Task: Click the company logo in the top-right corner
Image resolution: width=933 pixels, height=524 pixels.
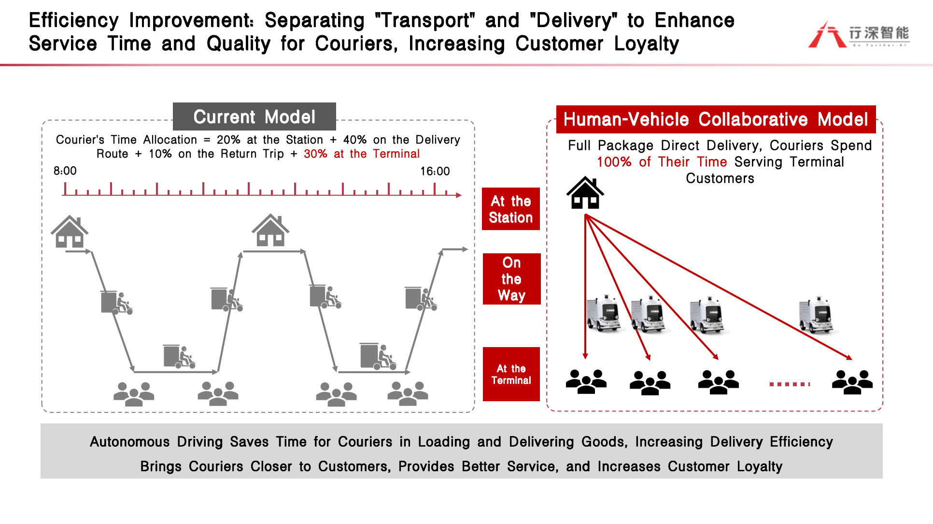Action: point(859,34)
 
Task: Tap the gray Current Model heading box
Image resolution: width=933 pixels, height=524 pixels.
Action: point(254,116)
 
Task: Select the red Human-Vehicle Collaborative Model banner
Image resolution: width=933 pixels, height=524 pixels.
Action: point(716,119)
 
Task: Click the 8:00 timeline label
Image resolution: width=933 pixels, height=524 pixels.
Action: point(65,171)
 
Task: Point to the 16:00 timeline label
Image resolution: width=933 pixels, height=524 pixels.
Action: point(435,171)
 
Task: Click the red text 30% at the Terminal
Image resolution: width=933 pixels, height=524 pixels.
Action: point(362,154)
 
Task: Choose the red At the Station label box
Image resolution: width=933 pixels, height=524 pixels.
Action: point(511,209)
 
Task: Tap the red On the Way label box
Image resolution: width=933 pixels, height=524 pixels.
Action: point(511,279)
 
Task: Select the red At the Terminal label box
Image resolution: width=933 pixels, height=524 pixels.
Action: point(511,374)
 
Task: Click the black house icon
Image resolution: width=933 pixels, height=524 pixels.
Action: point(585,193)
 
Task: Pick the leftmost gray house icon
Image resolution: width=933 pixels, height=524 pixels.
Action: point(70,232)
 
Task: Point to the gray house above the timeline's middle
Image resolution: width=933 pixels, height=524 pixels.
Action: point(270,230)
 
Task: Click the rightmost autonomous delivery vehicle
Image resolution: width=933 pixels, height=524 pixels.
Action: point(817,315)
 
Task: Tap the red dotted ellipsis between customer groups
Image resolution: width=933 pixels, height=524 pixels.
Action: point(790,384)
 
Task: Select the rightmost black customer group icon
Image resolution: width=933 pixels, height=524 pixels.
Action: point(852,382)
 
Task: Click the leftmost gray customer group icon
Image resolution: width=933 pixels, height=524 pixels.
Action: point(134,394)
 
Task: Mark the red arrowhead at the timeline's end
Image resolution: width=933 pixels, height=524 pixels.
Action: point(459,195)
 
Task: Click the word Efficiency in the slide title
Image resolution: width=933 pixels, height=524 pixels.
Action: point(74,20)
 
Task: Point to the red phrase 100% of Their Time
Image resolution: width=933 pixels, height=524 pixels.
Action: point(662,162)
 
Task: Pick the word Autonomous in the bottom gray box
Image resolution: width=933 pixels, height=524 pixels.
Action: point(130,442)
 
